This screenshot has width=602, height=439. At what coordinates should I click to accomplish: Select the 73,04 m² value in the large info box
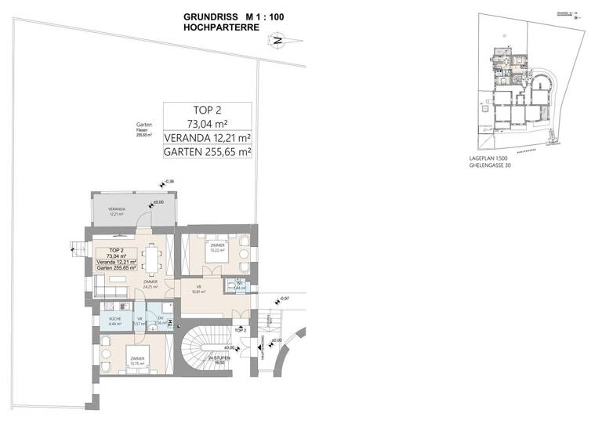pos(207,123)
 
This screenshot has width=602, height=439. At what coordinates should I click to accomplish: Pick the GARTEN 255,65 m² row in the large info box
pos(207,154)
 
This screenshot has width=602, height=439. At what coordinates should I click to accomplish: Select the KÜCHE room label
pos(113,320)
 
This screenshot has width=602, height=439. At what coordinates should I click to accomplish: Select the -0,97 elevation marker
pos(285,299)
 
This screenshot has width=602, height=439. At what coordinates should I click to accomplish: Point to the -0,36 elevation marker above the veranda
pos(169,183)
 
